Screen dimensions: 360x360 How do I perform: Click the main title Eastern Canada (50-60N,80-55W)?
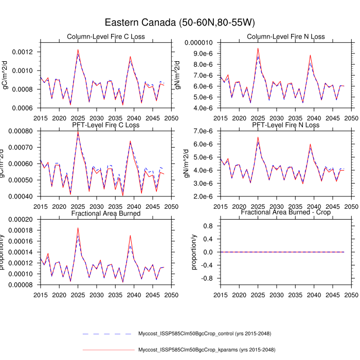click(180, 23)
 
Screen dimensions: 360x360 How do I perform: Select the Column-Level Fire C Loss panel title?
click(106, 37)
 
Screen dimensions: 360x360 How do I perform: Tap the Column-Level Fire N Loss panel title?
click(285, 37)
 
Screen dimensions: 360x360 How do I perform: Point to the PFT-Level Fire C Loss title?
click(106, 125)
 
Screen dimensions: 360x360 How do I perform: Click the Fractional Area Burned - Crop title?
click(285, 212)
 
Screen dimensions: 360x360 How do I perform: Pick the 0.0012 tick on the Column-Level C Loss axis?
click(23, 52)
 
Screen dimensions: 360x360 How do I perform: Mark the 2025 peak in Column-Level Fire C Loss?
click(78, 50)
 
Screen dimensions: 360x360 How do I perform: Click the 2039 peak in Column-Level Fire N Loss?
click(310, 55)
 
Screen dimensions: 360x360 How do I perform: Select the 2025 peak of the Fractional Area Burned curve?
click(78, 228)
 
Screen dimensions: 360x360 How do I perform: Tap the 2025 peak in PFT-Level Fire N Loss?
click(258, 137)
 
